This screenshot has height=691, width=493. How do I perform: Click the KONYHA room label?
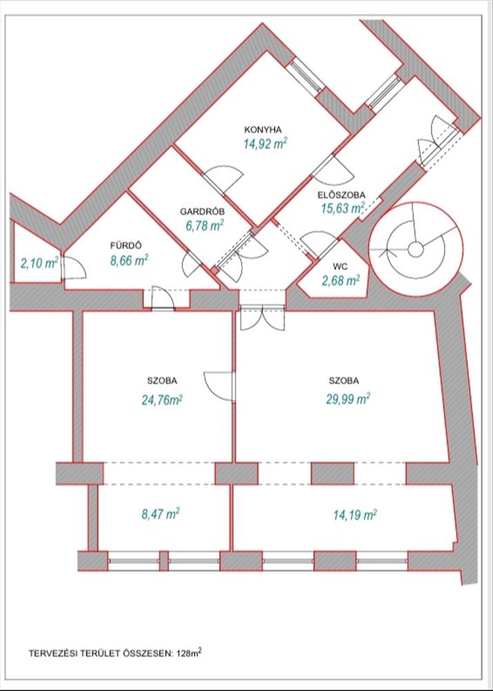(x=263, y=130)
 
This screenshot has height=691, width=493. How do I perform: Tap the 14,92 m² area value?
(x=265, y=144)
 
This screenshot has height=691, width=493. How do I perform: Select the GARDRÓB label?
(x=202, y=212)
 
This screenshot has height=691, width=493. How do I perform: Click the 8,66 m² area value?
(x=128, y=261)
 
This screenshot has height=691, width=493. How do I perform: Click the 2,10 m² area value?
(x=39, y=263)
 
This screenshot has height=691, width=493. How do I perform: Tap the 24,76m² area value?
(x=162, y=399)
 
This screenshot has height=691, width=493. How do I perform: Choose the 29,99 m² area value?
(x=347, y=399)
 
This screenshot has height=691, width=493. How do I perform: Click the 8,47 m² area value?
(x=159, y=514)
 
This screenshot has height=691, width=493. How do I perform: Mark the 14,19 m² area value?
(x=355, y=514)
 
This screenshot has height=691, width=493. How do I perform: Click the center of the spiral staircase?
(x=415, y=249)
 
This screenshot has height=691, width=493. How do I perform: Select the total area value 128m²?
(x=189, y=653)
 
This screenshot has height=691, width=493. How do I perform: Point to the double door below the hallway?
(x=262, y=317)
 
